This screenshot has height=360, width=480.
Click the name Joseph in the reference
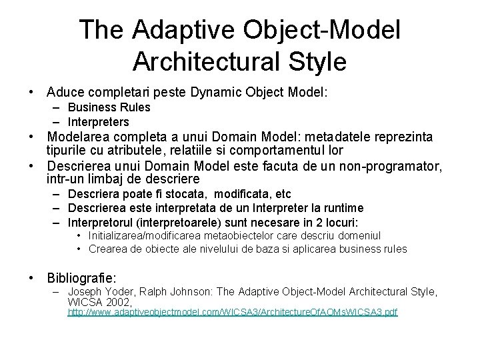point(86,291)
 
